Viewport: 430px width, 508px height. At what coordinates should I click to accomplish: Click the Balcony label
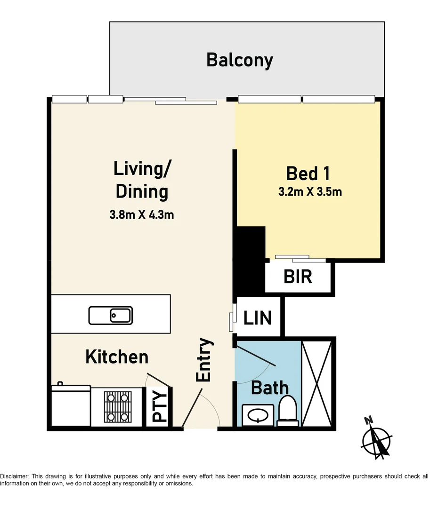240,61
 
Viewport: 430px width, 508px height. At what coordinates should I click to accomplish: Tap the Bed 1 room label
308,173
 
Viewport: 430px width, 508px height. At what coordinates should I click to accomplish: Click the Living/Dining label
141,180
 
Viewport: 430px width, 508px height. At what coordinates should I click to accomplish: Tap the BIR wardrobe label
298,277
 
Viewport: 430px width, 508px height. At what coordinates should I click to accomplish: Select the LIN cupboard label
258,318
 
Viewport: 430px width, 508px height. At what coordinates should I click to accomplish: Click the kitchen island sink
111,315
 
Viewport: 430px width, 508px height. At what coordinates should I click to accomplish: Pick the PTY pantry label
160,407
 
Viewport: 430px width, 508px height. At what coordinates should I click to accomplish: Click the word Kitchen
117,357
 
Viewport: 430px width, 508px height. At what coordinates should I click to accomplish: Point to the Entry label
204,360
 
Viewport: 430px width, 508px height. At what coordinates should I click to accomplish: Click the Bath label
270,388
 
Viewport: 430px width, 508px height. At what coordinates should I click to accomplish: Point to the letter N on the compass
369,420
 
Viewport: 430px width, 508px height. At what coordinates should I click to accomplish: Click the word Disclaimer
14,476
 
